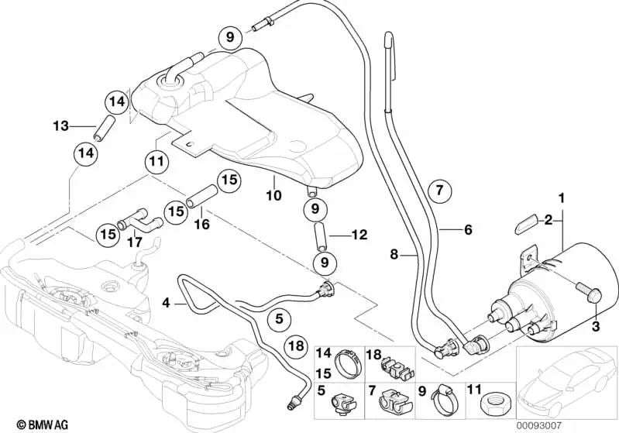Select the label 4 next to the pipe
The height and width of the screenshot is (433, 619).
(165, 303)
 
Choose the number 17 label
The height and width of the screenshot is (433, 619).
(133, 241)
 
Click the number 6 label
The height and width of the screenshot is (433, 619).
(467, 229)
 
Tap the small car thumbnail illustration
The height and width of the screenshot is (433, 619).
(566, 380)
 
